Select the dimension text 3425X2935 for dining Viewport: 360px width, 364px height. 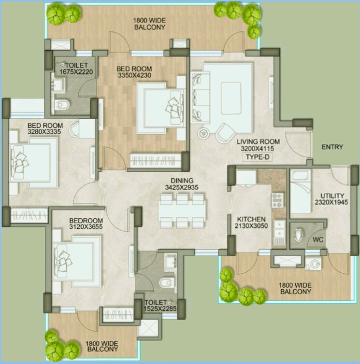[181, 187]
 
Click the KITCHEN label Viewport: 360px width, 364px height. [248, 219]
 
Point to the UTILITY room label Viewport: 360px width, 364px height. [332, 196]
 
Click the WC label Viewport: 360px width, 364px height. [318, 239]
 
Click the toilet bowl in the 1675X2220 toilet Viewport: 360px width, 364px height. [62, 104]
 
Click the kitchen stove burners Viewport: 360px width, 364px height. [278, 199]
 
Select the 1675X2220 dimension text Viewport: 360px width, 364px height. [76, 72]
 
